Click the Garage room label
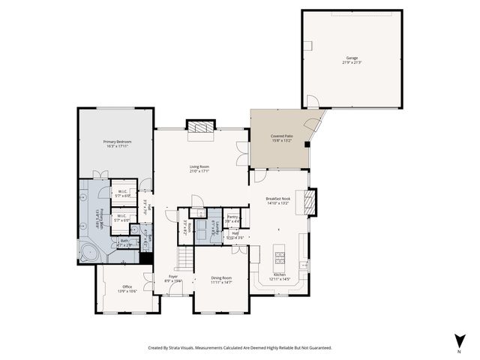352,58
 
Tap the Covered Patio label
281,136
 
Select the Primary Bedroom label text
116,141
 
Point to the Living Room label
199,166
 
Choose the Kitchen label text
279,274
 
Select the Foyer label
173,276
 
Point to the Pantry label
232,217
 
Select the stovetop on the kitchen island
280,258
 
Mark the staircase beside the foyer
184,259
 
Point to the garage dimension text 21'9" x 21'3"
352,62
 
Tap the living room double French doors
241,153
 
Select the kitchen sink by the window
304,264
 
